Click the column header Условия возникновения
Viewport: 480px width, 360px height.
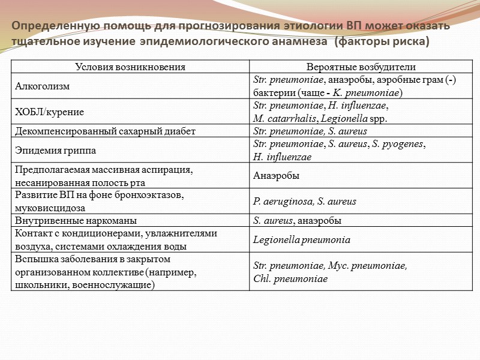(x=130, y=67)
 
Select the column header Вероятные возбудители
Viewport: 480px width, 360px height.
(x=361, y=67)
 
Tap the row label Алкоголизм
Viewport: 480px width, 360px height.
(x=42, y=86)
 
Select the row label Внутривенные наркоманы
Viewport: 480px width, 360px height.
(x=75, y=220)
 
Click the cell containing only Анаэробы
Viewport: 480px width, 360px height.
(x=277, y=176)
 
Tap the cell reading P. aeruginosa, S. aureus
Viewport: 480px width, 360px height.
(x=305, y=201)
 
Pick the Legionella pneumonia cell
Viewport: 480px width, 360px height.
(x=302, y=240)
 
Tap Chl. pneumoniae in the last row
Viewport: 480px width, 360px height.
(x=290, y=279)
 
